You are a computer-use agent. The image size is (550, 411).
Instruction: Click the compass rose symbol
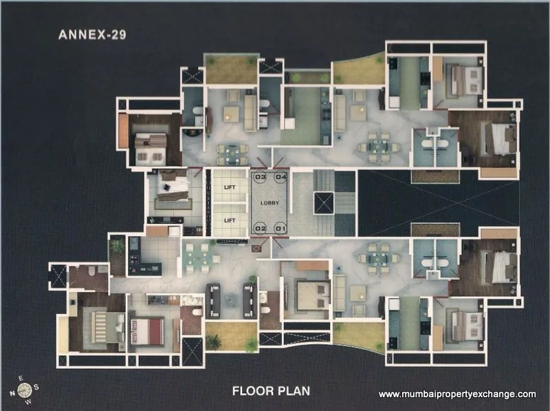click(25, 390)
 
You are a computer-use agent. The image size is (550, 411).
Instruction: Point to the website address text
click(457, 394)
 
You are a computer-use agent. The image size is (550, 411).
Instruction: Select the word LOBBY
click(270, 203)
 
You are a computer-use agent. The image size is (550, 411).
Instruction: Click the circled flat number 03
click(261, 178)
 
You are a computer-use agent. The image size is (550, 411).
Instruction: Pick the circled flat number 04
click(280, 178)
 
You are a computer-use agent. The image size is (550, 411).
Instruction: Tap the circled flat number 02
click(261, 228)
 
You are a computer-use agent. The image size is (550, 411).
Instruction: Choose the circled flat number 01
click(280, 228)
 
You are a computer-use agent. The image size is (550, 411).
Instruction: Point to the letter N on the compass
click(13, 393)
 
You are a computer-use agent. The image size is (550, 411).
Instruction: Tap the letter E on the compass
click(21, 378)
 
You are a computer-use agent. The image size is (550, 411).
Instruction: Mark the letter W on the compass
click(29, 402)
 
